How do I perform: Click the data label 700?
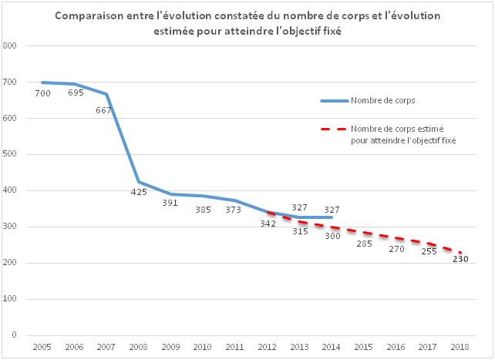(42, 93)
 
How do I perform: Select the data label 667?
(104, 110)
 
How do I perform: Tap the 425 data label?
(139, 193)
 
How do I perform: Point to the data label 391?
(170, 204)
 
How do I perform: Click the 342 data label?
(268, 224)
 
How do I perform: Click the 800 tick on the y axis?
(12, 46)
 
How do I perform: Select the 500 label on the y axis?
(12, 155)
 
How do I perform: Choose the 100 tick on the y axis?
(12, 300)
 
